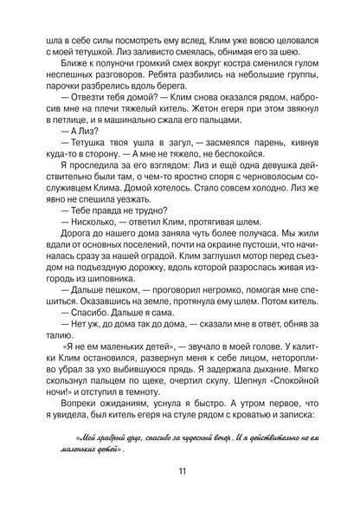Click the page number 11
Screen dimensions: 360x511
180,471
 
